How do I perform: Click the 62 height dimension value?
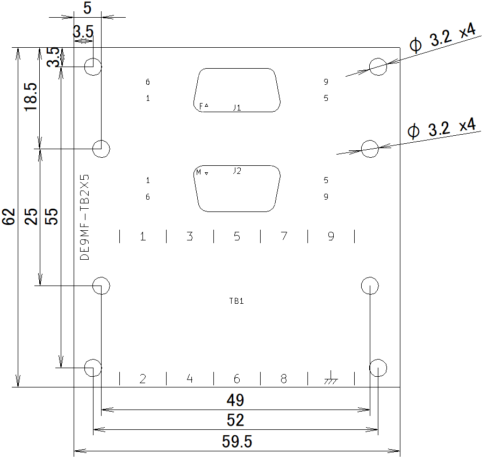coord(9,217)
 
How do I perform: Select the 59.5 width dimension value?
coord(237,442)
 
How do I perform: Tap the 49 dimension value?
coord(235,400)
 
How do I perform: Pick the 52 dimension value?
coord(235,420)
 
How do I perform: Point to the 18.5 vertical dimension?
coord(31,97)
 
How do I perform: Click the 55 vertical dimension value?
coord(52,216)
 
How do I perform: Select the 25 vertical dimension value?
coord(31,216)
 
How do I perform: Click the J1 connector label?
coord(237,107)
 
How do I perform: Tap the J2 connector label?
coord(237,171)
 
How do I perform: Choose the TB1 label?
coord(236,301)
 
